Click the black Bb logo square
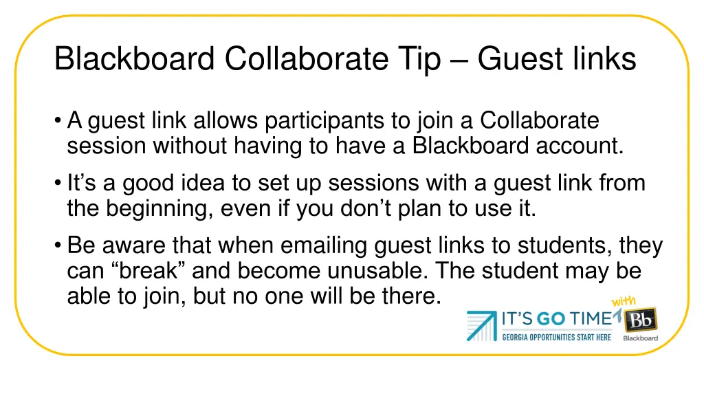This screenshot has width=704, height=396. click(x=640, y=320)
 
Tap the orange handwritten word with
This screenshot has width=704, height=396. click(x=624, y=302)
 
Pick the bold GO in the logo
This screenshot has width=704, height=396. click(x=552, y=319)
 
